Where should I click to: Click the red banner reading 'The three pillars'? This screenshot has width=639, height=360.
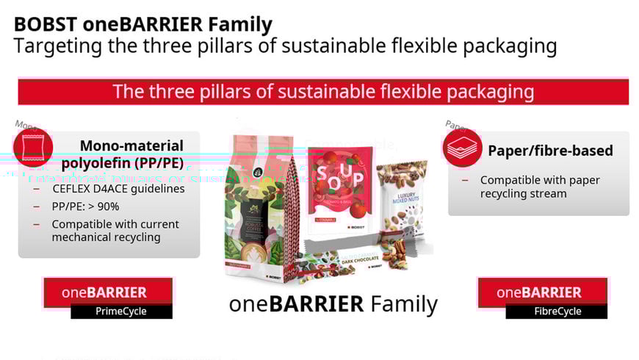pyautogui.click(x=323, y=92)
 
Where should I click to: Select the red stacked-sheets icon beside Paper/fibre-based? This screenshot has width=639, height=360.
pyautogui.click(x=462, y=150)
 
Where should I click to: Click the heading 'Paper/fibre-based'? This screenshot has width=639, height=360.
pyautogui.click(x=551, y=151)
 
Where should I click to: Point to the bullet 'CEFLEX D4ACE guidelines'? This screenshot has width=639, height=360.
pyautogui.click(x=118, y=189)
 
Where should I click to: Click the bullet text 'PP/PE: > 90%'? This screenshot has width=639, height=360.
pyautogui.click(x=85, y=206)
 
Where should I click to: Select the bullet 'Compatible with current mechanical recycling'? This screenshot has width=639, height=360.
pyautogui.click(x=115, y=231)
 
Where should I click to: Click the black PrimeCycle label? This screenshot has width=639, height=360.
pyautogui.click(x=121, y=312)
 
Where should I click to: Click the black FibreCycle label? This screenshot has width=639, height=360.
pyautogui.click(x=557, y=312)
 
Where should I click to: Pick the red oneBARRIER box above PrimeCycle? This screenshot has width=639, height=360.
pyautogui.click(x=108, y=292)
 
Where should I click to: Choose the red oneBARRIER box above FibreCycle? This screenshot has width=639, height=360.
pyautogui.click(x=542, y=292)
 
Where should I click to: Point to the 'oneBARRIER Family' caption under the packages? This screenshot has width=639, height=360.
pyautogui.click(x=333, y=303)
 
